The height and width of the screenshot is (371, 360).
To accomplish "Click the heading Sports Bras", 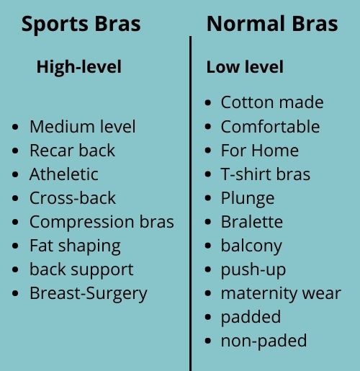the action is click(81, 24).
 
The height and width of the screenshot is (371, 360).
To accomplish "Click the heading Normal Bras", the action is click(272, 24).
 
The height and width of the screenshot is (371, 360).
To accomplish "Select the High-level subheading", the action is click(79, 67).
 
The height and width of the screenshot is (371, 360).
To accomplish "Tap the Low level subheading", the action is click(245, 67).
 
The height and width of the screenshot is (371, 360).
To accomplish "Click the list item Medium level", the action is click(83, 127).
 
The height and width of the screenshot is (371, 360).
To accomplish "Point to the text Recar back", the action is click(72, 151).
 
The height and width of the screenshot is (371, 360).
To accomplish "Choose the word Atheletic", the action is click(64, 174).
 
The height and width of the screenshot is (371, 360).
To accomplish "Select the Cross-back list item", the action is click(73, 198).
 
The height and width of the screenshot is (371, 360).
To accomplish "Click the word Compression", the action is click(81, 222).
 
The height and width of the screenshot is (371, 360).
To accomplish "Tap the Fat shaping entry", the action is click(75, 246).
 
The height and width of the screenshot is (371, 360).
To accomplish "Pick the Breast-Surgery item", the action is click(89, 294).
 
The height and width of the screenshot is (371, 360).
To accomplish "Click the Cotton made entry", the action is click(272, 102).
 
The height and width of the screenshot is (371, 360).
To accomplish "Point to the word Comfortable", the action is click(270, 127).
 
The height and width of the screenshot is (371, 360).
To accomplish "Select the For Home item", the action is click(260, 151).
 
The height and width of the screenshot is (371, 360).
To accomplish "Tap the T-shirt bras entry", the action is click(266, 174).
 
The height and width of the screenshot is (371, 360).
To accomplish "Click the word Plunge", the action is click(248, 199).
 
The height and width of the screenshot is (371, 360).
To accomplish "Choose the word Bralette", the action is click(252, 222).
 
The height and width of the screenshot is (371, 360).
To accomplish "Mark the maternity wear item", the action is click(281, 294).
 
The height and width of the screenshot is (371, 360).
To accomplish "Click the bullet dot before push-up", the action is click(208, 270).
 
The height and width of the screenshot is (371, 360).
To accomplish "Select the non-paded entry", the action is click(264, 341).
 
